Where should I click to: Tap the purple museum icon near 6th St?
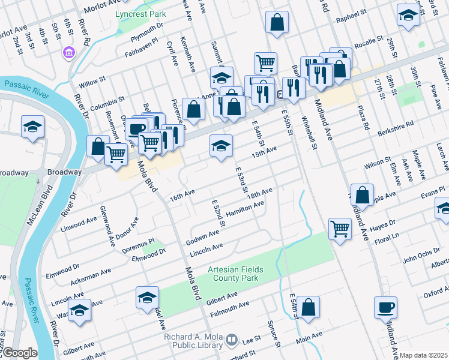(x=69, y=53)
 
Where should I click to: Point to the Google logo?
(x=20, y=353)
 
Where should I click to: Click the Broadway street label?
(x=14, y=173)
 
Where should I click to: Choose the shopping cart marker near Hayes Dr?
(x=340, y=228)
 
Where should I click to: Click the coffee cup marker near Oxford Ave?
(x=385, y=307)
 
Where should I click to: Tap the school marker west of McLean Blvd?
(x=32, y=127)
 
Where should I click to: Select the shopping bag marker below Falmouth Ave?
(x=308, y=307)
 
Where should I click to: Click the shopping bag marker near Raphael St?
(x=276, y=23)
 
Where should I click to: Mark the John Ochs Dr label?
(x=421, y=256)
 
